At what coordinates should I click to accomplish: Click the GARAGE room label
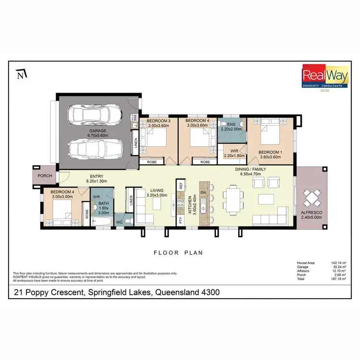[x=97, y=131]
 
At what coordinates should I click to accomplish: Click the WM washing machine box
[x=136, y=118]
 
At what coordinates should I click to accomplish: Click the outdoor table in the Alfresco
[x=312, y=196]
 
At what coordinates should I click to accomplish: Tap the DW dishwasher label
[x=204, y=192]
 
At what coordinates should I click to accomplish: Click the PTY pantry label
[x=181, y=220]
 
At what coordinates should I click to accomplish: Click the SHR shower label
[x=96, y=197]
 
